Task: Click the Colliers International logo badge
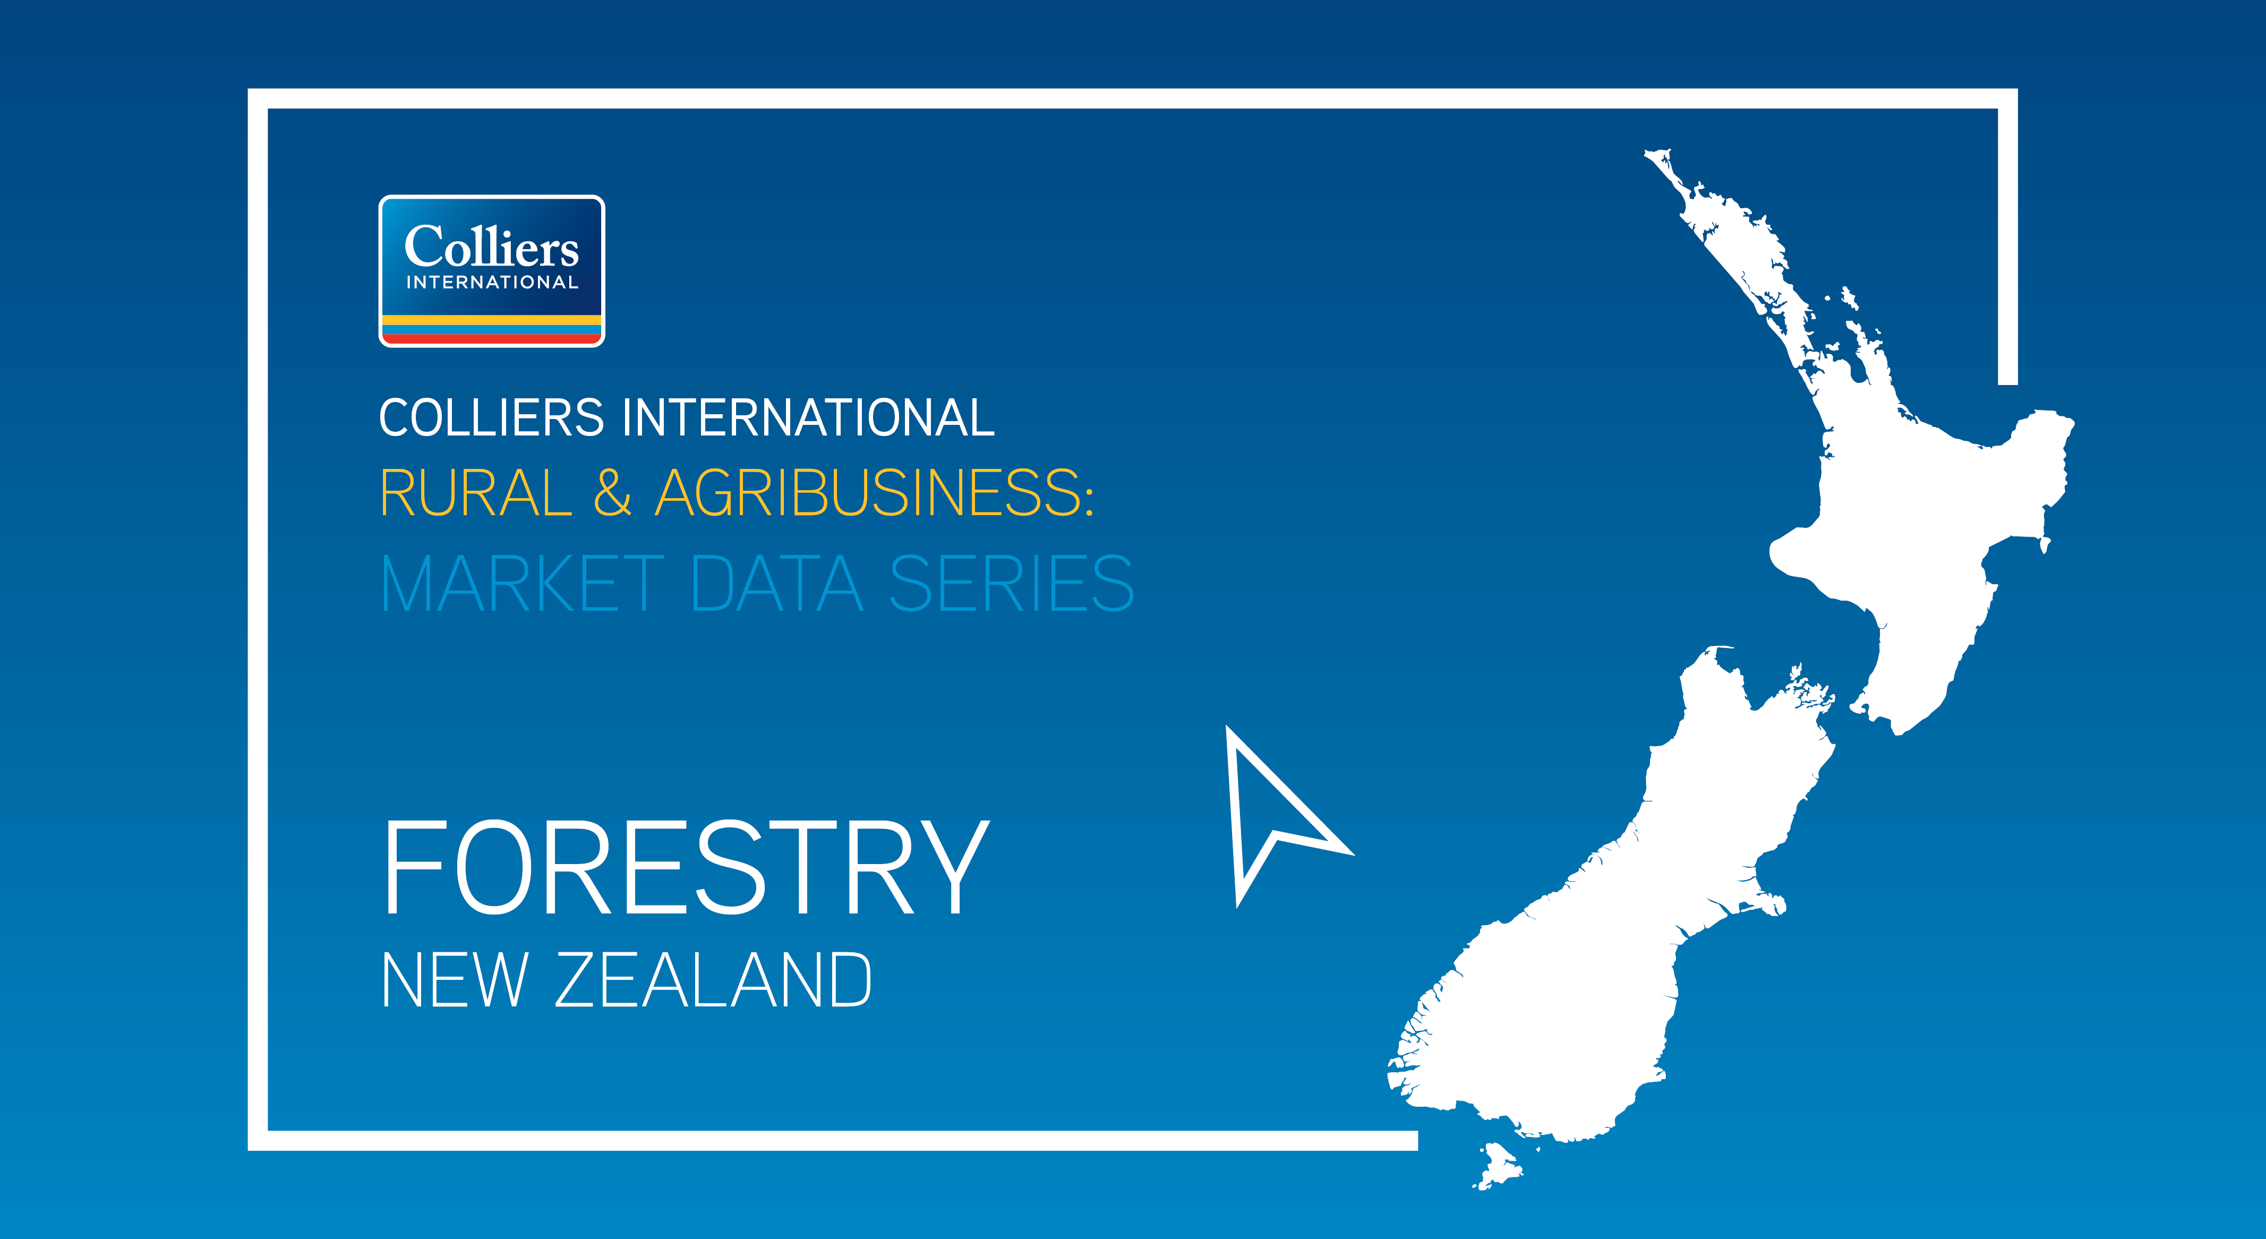[492, 271]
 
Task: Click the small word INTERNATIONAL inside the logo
[492, 283]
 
